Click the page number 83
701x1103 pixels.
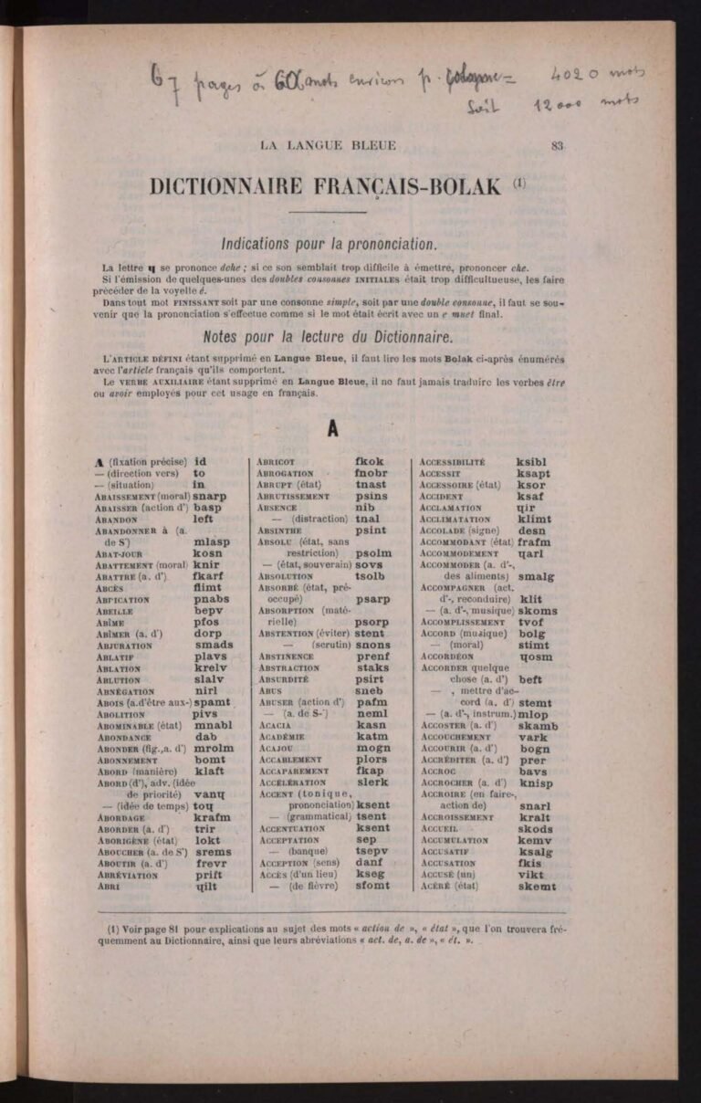pos(558,143)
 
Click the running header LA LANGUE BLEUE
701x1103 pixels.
pos(329,144)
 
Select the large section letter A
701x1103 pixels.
pos(332,426)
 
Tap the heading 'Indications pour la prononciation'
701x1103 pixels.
pos(330,244)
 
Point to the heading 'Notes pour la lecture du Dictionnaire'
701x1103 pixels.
pos(329,335)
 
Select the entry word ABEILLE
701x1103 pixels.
pos(114,611)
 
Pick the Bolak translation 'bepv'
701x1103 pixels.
pos(209,611)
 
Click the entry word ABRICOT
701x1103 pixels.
pos(276,462)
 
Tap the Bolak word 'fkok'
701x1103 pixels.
pos(370,462)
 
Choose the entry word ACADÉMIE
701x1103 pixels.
pos(281,736)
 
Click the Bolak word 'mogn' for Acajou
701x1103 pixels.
pos(372,748)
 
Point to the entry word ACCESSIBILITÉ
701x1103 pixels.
pos(452,462)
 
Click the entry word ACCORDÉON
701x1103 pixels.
pos(446,657)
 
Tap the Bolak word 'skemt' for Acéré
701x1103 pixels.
pos(536,886)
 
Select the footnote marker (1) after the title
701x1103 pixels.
pos(519,183)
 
